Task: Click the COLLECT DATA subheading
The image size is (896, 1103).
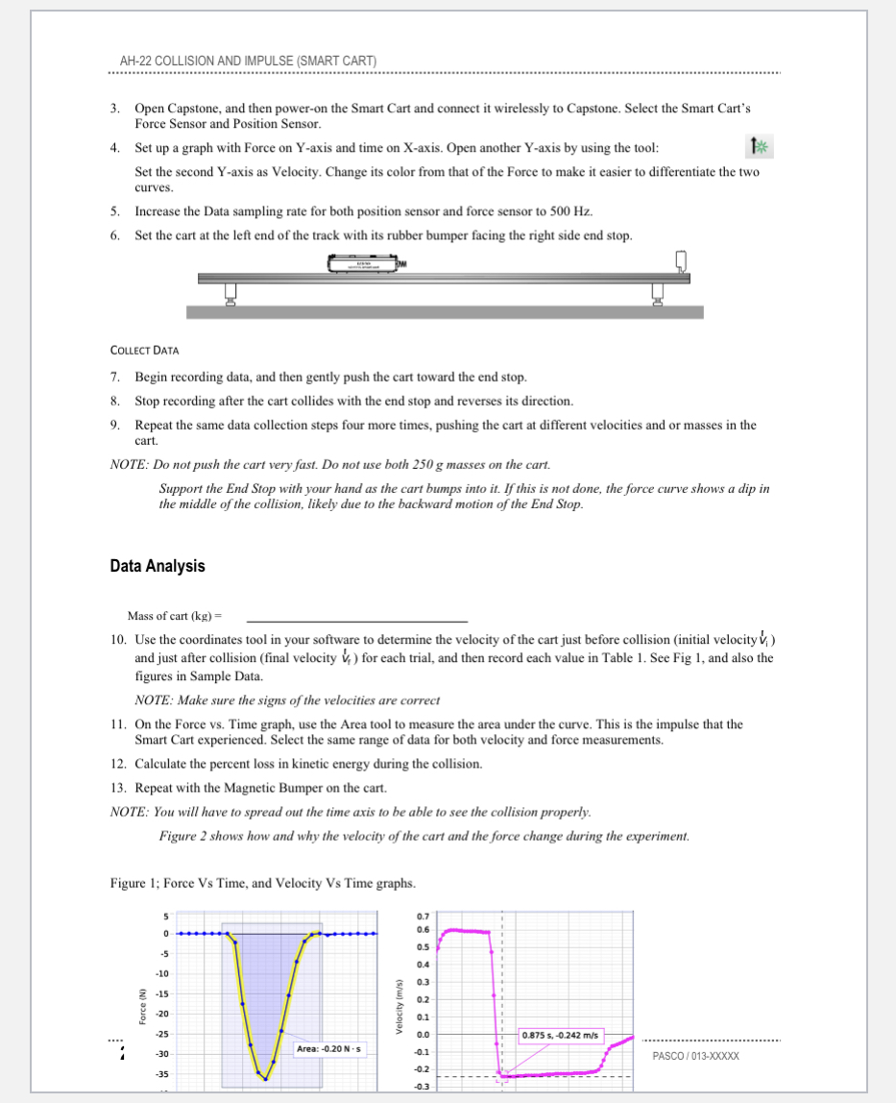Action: pos(147,352)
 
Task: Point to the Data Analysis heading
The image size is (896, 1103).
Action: pos(157,566)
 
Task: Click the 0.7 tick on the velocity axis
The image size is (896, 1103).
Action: pos(424,917)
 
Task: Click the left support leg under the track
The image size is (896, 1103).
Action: pos(230,293)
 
